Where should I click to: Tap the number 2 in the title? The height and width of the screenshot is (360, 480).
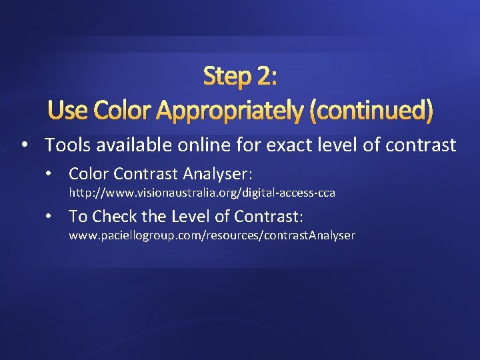[x=265, y=77]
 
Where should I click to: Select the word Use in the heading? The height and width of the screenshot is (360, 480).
[x=68, y=108]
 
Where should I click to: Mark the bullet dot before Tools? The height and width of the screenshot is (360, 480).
[x=24, y=145]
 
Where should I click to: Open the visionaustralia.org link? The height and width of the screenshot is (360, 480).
[x=202, y=193]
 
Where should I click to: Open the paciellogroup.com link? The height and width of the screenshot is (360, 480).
[x=212, y=235]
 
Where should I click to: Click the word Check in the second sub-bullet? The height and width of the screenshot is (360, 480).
[x=114, y=217]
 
